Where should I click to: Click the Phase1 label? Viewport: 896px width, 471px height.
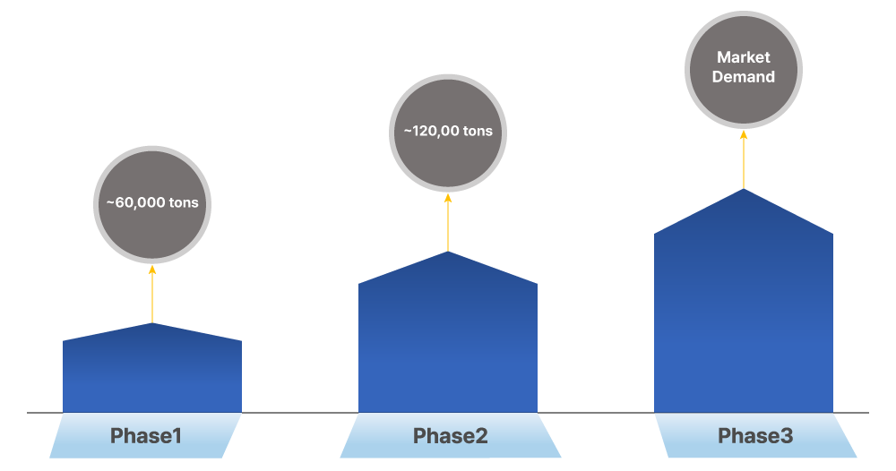tap(146, 436)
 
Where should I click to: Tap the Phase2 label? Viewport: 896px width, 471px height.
tap(450, 436)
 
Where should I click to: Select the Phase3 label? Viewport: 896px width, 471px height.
tap(755, 436)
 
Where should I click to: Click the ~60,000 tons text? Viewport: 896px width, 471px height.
tap(152, 202)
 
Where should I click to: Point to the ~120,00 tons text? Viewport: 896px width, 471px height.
tap(448, 131)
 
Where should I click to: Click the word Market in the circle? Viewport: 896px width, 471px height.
tap(744, 57)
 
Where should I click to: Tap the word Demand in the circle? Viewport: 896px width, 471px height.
tap(744, 77)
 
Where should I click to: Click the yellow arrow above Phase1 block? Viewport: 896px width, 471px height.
tap(152, 295)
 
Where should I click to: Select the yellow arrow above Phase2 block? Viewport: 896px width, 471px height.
tap(448, 224)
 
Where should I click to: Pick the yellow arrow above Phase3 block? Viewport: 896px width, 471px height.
tap(744, 161)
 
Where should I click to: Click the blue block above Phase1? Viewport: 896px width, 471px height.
tap(152, 376)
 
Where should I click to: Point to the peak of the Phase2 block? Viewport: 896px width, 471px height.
tap(448, 253)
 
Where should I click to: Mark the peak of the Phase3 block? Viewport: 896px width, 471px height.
tap(744, 191)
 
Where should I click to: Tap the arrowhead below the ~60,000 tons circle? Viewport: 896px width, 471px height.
tap(152, 269)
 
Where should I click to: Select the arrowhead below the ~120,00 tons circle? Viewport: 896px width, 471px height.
tap(448, 197)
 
